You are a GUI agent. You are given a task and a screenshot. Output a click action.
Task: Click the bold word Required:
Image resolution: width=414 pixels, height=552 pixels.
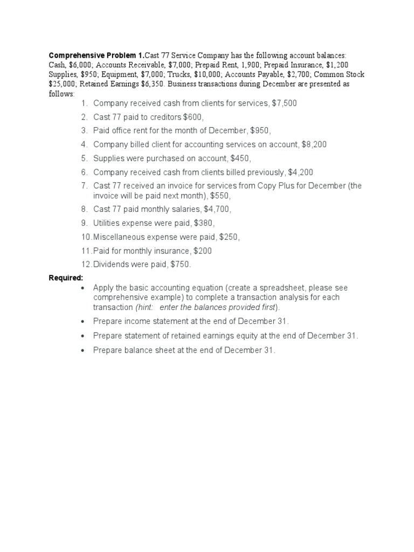(66, 278)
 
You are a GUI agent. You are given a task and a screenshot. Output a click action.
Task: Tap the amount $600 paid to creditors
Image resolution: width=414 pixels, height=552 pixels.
(194, 117)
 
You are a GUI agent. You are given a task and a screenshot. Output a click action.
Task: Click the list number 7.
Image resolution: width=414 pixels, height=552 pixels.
(84, 186)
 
